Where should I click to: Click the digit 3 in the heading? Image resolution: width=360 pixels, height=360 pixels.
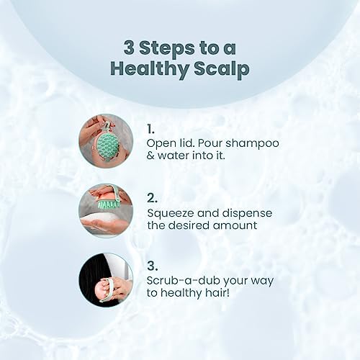pos(129,48)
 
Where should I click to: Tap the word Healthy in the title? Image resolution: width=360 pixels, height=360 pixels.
pos(149,68)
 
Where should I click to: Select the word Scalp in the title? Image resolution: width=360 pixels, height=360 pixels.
pos(222,68)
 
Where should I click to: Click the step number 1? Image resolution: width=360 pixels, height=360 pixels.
pos(150,129)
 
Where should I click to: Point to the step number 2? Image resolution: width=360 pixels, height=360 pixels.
pos(152,198)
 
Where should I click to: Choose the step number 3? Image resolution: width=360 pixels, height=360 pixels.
pos(153,266)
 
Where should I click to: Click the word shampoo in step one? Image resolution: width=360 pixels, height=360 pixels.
pos(253,144)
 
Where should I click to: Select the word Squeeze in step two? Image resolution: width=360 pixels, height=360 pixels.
pos(171,214)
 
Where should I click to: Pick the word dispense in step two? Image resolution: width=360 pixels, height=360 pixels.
pos(247,214)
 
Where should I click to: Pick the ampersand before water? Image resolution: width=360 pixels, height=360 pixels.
pos(150,156)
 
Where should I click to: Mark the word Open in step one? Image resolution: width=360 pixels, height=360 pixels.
pos(159,144)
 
